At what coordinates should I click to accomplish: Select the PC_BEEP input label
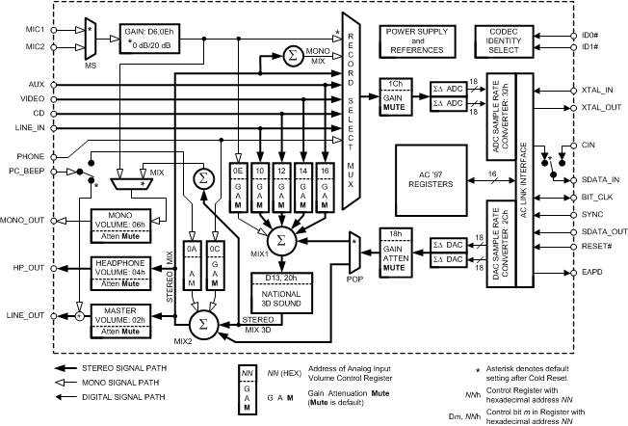24,173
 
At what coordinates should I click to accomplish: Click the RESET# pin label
596,248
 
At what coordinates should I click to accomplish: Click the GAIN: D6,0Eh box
153,38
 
